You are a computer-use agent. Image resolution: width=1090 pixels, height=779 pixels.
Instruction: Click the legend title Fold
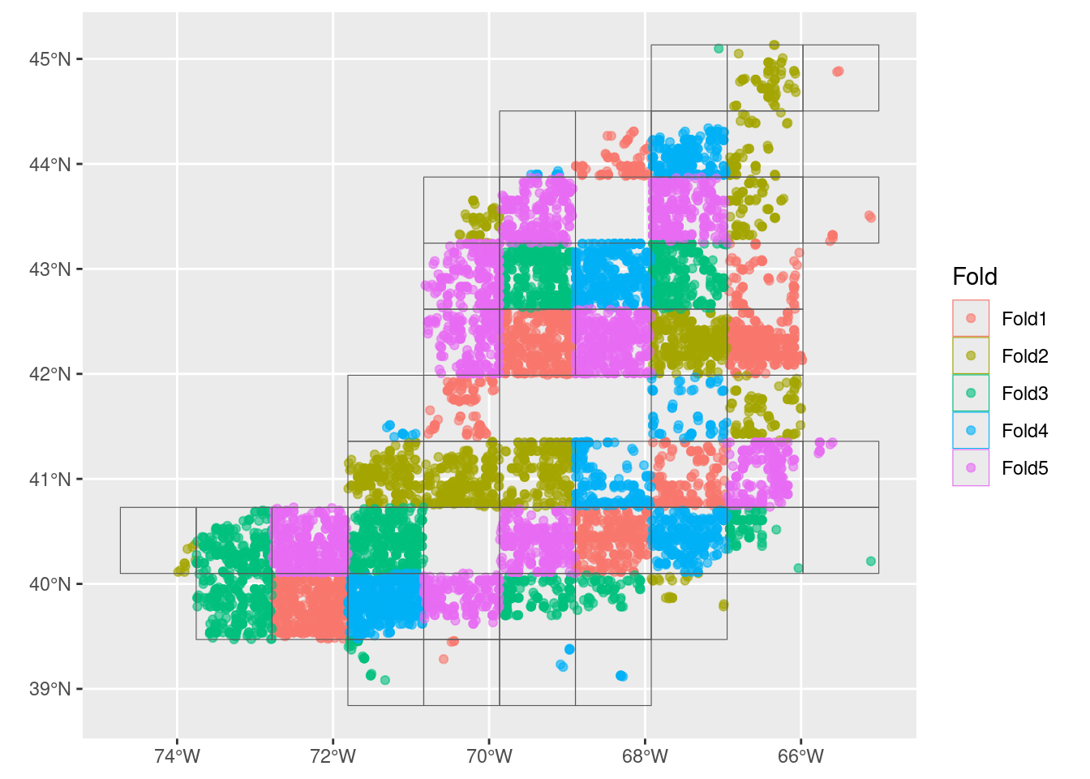pyautogui.click(x=974, y=277)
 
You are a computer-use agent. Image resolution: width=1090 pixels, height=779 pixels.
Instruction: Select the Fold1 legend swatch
pyautogui.click(x=971, y=319)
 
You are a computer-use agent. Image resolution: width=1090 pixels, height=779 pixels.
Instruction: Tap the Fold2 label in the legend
pyautogui.click(x=1024, y=356)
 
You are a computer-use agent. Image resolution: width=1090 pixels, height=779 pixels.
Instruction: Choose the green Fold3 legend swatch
pyautogui.click(x=971, y=394)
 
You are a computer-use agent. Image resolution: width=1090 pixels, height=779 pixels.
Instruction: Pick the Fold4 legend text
pyautogui.click(x=1024, y=431)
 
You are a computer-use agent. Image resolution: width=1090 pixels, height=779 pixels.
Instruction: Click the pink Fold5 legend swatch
pyautogui.click(x=971, y=468)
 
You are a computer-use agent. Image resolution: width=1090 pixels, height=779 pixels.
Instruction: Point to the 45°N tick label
pyautogui.click(x=50, y=59)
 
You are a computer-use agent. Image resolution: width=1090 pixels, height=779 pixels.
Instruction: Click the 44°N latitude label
pyautogui.click(x=50, y=165)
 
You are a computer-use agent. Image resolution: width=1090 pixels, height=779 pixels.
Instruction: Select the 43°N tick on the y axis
pyautogui.click(x=50, y=269)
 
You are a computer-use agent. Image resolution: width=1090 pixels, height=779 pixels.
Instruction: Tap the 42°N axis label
pyautogui.click(x=50, y=374)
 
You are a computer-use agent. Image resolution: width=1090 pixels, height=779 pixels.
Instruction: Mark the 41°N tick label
pyautogui.click(x=50, y=480)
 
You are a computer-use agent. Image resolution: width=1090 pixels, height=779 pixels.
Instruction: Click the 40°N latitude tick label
pyautogui.click(x=50, y=584)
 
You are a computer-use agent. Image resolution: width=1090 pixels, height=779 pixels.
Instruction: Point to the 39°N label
pyautogui.click(x=50, y=689)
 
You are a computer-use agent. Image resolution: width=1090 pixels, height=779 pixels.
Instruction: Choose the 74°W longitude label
pyautogui.click(x=177, y=757)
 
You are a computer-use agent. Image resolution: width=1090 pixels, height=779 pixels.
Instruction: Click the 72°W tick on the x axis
pyautogui.click(x=333, y=757)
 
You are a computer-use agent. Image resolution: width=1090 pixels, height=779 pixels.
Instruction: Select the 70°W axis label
pyautogui.click(x=489, y=757)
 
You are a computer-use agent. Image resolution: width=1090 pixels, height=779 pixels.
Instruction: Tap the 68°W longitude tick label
pyautogui.click(x=646, y=757)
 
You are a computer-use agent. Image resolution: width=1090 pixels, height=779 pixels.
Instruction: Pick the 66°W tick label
pyautogui.click(x=801, y=757)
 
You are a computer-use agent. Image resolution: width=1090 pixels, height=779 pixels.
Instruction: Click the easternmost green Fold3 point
pyautogui.click(x=871, y=562)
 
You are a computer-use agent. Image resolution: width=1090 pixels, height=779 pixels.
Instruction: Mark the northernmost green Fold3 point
pyautogui.click(x=719, y=49)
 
